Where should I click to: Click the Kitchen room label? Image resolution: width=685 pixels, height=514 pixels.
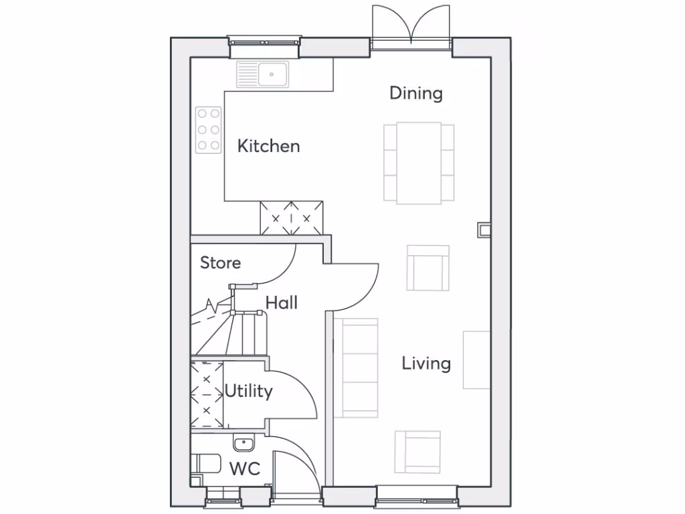coord(268,146)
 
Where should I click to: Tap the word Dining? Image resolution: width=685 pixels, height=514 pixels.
coord(416,93)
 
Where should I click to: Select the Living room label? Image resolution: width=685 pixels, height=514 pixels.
coord(426,363)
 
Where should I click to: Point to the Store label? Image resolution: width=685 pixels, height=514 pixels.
coord(220,263)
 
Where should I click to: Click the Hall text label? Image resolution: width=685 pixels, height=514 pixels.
coord(281,303)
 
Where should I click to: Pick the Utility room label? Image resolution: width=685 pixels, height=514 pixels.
coord(248,391)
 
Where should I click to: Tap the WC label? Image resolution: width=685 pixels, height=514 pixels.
coord(244,468)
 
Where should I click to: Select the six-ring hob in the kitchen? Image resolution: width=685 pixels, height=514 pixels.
coord(208,129)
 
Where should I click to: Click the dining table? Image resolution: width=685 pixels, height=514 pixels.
coord(419,163)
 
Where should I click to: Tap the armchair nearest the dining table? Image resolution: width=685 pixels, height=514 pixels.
coord(428,268)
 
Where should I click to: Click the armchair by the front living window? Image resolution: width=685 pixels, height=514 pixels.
coord(417,452)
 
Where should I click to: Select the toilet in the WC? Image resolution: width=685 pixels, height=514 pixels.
coord(205,464)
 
